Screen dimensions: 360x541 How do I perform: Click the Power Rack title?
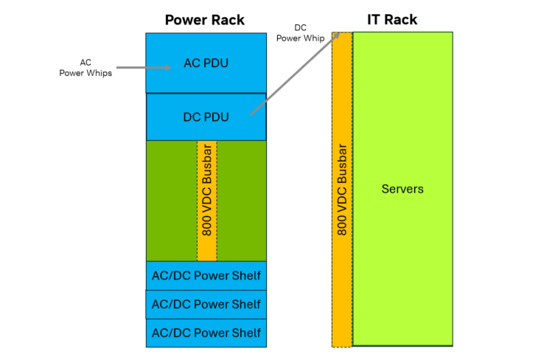(205, 20)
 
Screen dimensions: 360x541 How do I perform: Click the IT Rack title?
(391, 20)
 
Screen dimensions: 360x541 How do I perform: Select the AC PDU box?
(206, 63)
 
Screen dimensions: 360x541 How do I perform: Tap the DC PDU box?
(206, 117)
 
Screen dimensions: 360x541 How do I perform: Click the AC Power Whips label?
(85, 68)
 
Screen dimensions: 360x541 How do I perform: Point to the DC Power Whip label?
(301, 33)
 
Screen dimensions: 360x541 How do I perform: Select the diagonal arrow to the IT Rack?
(295, 74)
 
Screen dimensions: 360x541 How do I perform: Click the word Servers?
(402, 190)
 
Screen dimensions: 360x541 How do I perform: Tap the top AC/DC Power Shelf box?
(206, 276)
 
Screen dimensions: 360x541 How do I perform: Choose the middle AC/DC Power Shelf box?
(206, 304)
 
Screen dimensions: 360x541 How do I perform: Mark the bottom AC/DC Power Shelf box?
(206, 333)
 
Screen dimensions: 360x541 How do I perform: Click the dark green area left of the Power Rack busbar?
(171, 200)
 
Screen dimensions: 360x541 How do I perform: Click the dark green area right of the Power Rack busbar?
(242, 200)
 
